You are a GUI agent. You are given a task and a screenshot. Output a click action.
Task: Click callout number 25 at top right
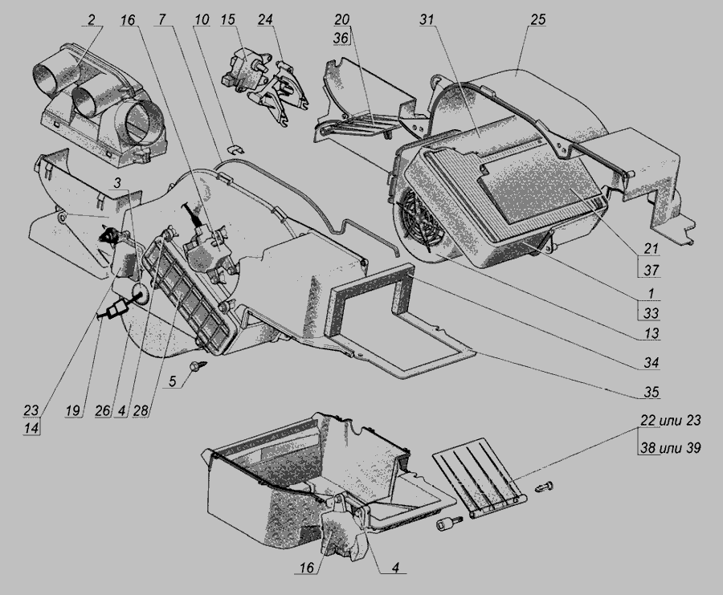(538, 20)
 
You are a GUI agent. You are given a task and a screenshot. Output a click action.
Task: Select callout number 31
(427, 20)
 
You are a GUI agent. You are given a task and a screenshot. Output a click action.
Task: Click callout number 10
(202, 20)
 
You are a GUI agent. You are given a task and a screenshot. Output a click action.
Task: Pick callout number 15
(228, 20)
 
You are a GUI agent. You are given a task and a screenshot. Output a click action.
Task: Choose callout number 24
(265, 20)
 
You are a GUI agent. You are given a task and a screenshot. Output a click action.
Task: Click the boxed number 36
(341, 38)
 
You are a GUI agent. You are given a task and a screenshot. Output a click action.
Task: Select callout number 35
(652, 392)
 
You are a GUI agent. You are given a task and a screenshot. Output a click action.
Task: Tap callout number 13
(652, 333)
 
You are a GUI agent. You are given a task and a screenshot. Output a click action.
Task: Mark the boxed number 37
(651, 270)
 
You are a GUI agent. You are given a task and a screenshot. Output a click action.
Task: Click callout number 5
(173, 381)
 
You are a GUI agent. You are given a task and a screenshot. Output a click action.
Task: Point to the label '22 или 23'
(671, 420)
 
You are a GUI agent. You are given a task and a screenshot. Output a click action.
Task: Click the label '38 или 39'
(671, 447)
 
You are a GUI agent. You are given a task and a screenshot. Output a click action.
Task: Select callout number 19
(73, 410)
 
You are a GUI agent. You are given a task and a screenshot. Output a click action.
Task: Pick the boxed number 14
(31, 428)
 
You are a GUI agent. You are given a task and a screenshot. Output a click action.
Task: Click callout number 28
(141, 410)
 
